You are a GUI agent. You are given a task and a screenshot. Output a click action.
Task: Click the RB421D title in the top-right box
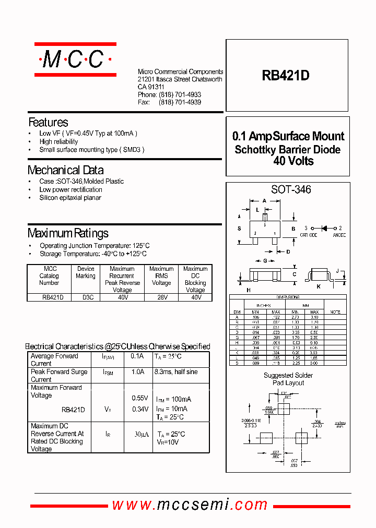pyautogui.click(x=286, y=76)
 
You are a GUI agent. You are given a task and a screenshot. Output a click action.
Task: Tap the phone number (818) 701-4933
pyautogui.click(x=180, y=94)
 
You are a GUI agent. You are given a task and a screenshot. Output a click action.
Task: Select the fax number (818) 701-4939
pyautogui.click(x=180, y=102)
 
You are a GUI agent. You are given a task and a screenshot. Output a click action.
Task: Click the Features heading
pyautogui.click(x=48, y=123)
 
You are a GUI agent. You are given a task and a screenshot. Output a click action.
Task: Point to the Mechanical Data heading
pyautogui.click(x=65, y=170)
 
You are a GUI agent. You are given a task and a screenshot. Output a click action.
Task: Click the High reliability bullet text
pyautogui.click(x=58, y=141)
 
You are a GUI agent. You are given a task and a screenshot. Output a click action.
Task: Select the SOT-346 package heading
pyautogui.click(x=291, y=190)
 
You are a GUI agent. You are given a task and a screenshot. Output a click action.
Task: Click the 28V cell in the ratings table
pyautogui.click(x=161, y=297)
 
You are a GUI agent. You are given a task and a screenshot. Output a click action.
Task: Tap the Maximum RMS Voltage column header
pyautogui.click(x=161, y=276)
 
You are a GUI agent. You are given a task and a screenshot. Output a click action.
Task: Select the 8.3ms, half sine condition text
pyautogui.click(x=176, y=372)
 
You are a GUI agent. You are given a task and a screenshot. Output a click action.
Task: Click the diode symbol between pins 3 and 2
pyautogui.click(x=323, y=228)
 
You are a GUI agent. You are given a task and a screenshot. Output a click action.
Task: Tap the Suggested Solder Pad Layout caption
pyautogui.click(x=288, y=379)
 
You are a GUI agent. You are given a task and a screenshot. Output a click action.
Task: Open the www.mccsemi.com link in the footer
pyautogui.click(x=190, y=505)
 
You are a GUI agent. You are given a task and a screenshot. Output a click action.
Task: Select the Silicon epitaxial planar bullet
pyautogui.click(x=70, y=198)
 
